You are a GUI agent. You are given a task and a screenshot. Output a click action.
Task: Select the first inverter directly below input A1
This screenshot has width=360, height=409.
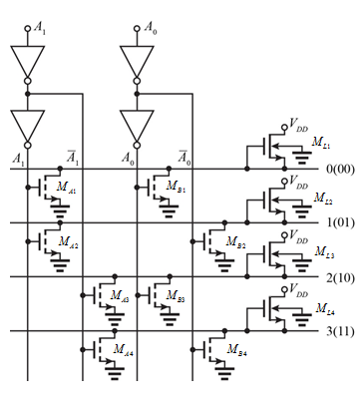point(26,61)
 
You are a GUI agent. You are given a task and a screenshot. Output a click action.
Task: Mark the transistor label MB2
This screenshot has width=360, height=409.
point(235,242)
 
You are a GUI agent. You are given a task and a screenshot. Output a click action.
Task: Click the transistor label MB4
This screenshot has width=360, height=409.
point(235,352)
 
